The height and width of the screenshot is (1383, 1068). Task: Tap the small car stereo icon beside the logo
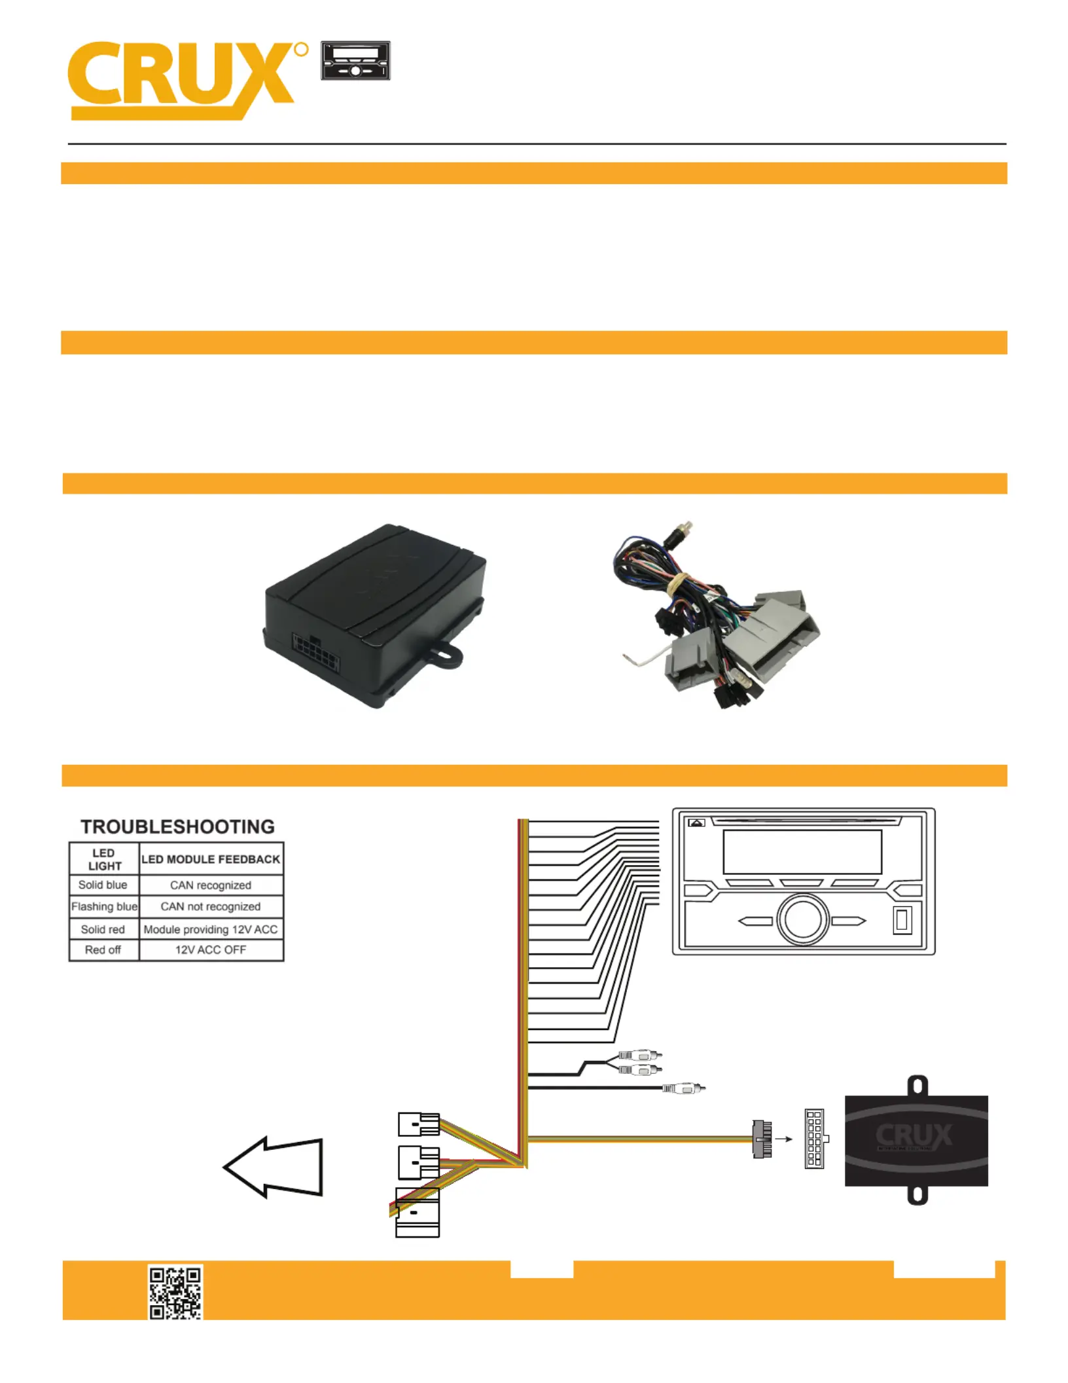coord(355,61)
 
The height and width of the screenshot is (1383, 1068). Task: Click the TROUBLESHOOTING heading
coord(177,826)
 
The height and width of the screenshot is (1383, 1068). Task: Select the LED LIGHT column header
coord(104,859)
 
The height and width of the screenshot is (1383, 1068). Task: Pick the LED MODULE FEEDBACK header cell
coord(211,859)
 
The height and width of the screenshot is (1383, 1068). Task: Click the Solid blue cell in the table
coord(103,885)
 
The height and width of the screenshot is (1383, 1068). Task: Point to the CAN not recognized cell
coord(211,906)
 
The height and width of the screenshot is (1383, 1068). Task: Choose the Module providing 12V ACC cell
coord(211,929)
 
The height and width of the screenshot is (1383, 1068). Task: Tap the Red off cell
coord(103,950)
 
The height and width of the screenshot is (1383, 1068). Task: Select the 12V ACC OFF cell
coord(211,950)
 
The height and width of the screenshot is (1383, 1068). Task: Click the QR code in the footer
coord(175,1291)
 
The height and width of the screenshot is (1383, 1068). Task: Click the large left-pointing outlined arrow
coord(274,1167)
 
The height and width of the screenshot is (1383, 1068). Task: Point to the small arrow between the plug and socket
coord(783,1139)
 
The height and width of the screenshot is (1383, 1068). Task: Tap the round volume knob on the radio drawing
coord(803,919)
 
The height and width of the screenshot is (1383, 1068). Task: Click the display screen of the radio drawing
coord(802,851)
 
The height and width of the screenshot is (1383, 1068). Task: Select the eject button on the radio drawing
coord(696,823)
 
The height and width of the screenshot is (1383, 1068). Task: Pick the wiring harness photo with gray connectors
coord(717,616)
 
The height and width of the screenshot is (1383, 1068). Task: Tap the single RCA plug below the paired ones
coord(684,1088)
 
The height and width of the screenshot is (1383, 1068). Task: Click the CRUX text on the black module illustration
coord(914,1135)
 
